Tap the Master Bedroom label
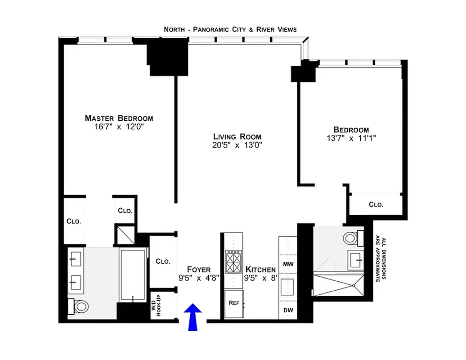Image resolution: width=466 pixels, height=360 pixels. (119, 118)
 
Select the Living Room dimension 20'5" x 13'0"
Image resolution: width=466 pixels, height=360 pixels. (237, 145)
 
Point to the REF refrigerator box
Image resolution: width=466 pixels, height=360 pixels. (234, 304)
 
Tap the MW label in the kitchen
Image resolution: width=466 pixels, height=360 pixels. (287, 264)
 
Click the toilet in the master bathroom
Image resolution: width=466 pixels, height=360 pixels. (80, 307)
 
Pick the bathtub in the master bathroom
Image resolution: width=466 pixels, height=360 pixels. (133, 275)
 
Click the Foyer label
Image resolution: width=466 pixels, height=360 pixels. (198, 270)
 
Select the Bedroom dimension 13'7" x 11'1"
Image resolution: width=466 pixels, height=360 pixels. (351, 139)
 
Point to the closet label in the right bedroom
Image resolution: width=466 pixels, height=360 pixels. (376, 204)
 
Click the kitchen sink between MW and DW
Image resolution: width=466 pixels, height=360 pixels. (287, 287)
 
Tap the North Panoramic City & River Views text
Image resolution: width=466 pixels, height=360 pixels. (230, 29)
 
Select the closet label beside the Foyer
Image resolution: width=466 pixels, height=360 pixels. (162, 261)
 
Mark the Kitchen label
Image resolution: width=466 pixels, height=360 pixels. (260, 270)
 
